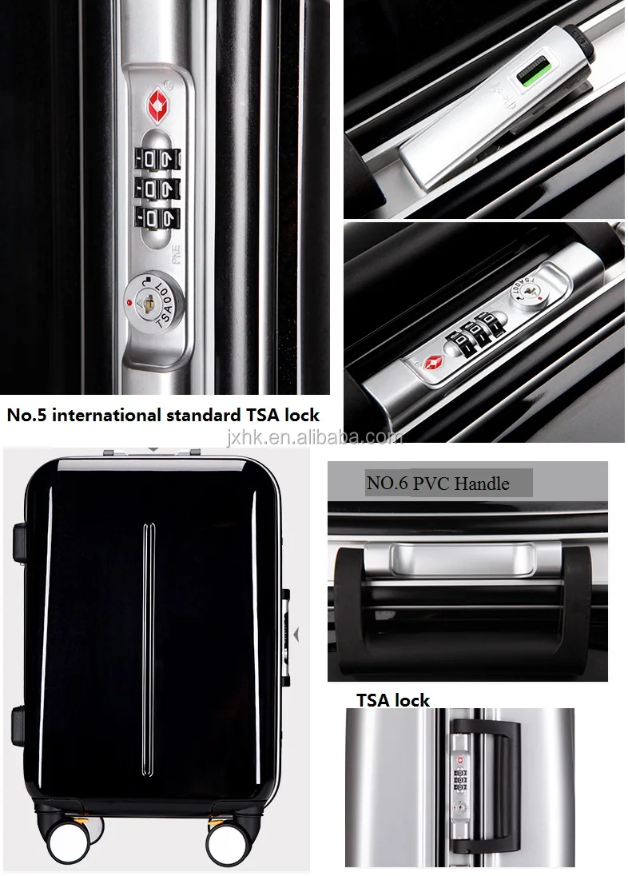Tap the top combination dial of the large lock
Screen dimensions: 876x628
(157, 157)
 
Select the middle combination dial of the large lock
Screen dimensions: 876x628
(157, 189)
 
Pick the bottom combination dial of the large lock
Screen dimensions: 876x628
(157, 217)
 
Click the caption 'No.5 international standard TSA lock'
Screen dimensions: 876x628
(163, 416)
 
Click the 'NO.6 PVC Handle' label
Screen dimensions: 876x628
(437, 483)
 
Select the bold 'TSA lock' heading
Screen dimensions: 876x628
(392, 700)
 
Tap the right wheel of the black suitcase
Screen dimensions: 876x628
(225, 841)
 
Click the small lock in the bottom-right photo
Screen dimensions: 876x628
(461, 779)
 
